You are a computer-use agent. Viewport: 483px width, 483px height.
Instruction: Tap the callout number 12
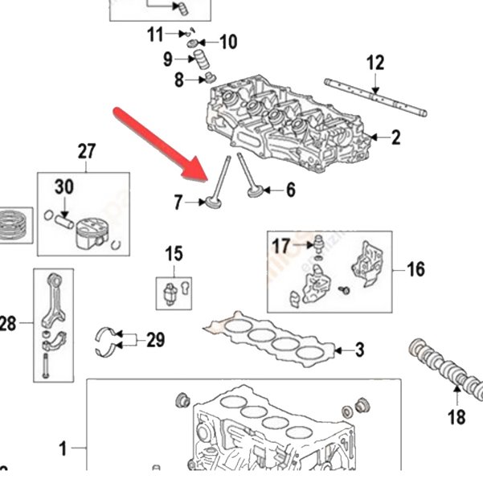click(x=375, y=63)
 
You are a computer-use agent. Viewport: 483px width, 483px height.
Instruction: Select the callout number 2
click(x=395, y=137)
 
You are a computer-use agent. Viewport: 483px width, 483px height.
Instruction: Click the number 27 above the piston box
click(x=86, y=151)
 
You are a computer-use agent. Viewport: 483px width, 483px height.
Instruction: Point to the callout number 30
click(x=63, y=187)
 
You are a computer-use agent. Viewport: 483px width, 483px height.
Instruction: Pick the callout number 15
click(x=174, y=256)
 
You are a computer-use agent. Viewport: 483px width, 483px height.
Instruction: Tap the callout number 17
click(x=280, y=244)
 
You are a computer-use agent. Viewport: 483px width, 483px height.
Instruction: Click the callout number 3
click(x=360, y=350)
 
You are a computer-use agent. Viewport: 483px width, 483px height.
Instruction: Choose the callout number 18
click(x=456, y=416)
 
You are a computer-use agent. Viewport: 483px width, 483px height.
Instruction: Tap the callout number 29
click(x=155, y=340)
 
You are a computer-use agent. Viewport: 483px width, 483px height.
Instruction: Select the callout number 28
click(x=7, y=324)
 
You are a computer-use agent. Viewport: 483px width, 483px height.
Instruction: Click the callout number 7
click(x=178, y=203)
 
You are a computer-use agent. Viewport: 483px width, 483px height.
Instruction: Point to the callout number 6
click(x=291, y=190)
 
